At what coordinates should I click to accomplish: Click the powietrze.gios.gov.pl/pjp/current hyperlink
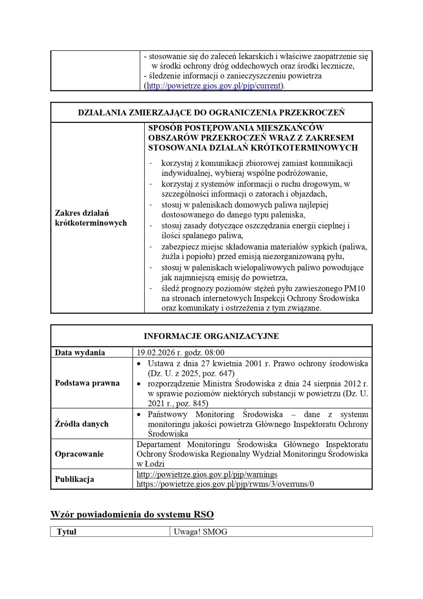point(213,86)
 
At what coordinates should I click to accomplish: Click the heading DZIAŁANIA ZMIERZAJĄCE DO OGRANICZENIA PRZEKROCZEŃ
point(211,113)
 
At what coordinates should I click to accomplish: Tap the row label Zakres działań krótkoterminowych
point(91,218)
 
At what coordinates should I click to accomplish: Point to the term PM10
point(355,288)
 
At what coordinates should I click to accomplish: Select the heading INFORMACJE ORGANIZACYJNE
point(211,336)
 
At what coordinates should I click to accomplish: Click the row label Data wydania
point(80,353)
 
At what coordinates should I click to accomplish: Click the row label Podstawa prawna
point(87,383)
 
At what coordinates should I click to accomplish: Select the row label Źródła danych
point(82,424)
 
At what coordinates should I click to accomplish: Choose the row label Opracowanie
point(79,454)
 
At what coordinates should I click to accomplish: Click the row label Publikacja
point(74,479)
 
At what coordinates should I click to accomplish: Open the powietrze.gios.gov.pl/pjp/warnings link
point(207,474)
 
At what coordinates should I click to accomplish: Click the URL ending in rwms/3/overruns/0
point(225,484)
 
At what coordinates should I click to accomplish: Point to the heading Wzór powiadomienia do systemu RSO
point(132,514)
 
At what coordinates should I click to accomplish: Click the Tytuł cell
point(67,532)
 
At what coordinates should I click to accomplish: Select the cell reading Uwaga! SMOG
point(201,532)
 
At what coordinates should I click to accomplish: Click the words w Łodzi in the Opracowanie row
point(151,464)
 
